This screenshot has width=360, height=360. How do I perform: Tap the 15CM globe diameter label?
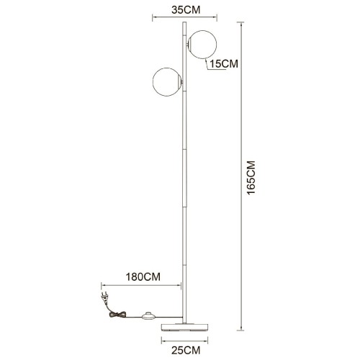coord(223,64)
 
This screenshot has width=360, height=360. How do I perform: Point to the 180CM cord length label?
coord(143,276)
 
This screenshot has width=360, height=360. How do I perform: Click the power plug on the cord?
coord(104,294)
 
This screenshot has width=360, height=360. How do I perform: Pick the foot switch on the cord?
coord(150,315)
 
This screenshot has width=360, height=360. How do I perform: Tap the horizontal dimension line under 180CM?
coord(143,286)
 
